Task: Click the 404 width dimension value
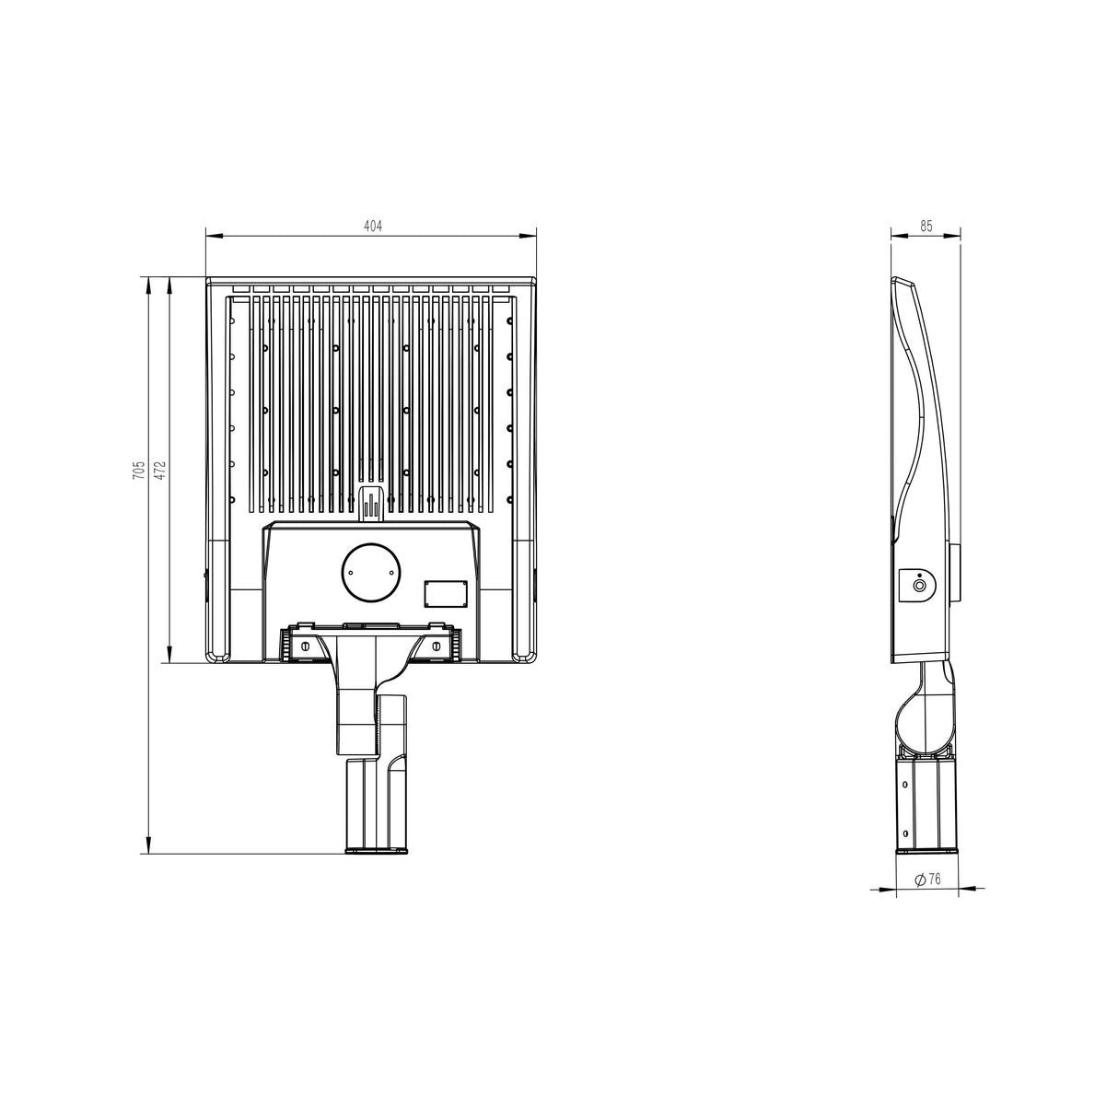click(x=371, y=226)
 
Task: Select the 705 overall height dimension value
click(x=137, y=471)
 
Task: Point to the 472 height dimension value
click(x=158, y=471)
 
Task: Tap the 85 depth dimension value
click(x=926, y=226)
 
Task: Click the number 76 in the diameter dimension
click(x=934, y=879)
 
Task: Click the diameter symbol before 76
click(x=919, y=879)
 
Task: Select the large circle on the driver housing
click(x=371, y=571)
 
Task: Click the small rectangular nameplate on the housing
click(x=445, y=594)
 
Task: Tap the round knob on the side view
click(x=919, y=585)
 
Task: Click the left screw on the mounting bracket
click(x=305, y=647)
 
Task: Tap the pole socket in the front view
click(x=376, y=806)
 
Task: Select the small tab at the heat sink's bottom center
click(x=371, y=504)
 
